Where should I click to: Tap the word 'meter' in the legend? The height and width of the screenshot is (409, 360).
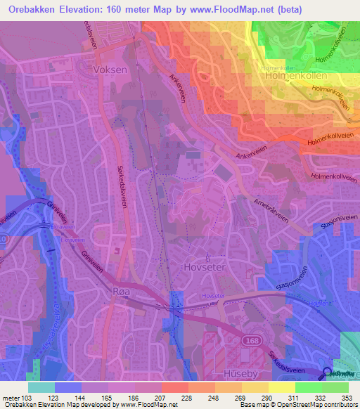click(x=11, y=398)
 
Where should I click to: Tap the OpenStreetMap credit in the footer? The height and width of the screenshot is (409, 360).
click(x=296, y=405)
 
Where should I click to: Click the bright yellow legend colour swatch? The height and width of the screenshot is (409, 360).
click(x=282, y=387)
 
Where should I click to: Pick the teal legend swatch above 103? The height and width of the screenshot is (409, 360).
click(x=41, y=387)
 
